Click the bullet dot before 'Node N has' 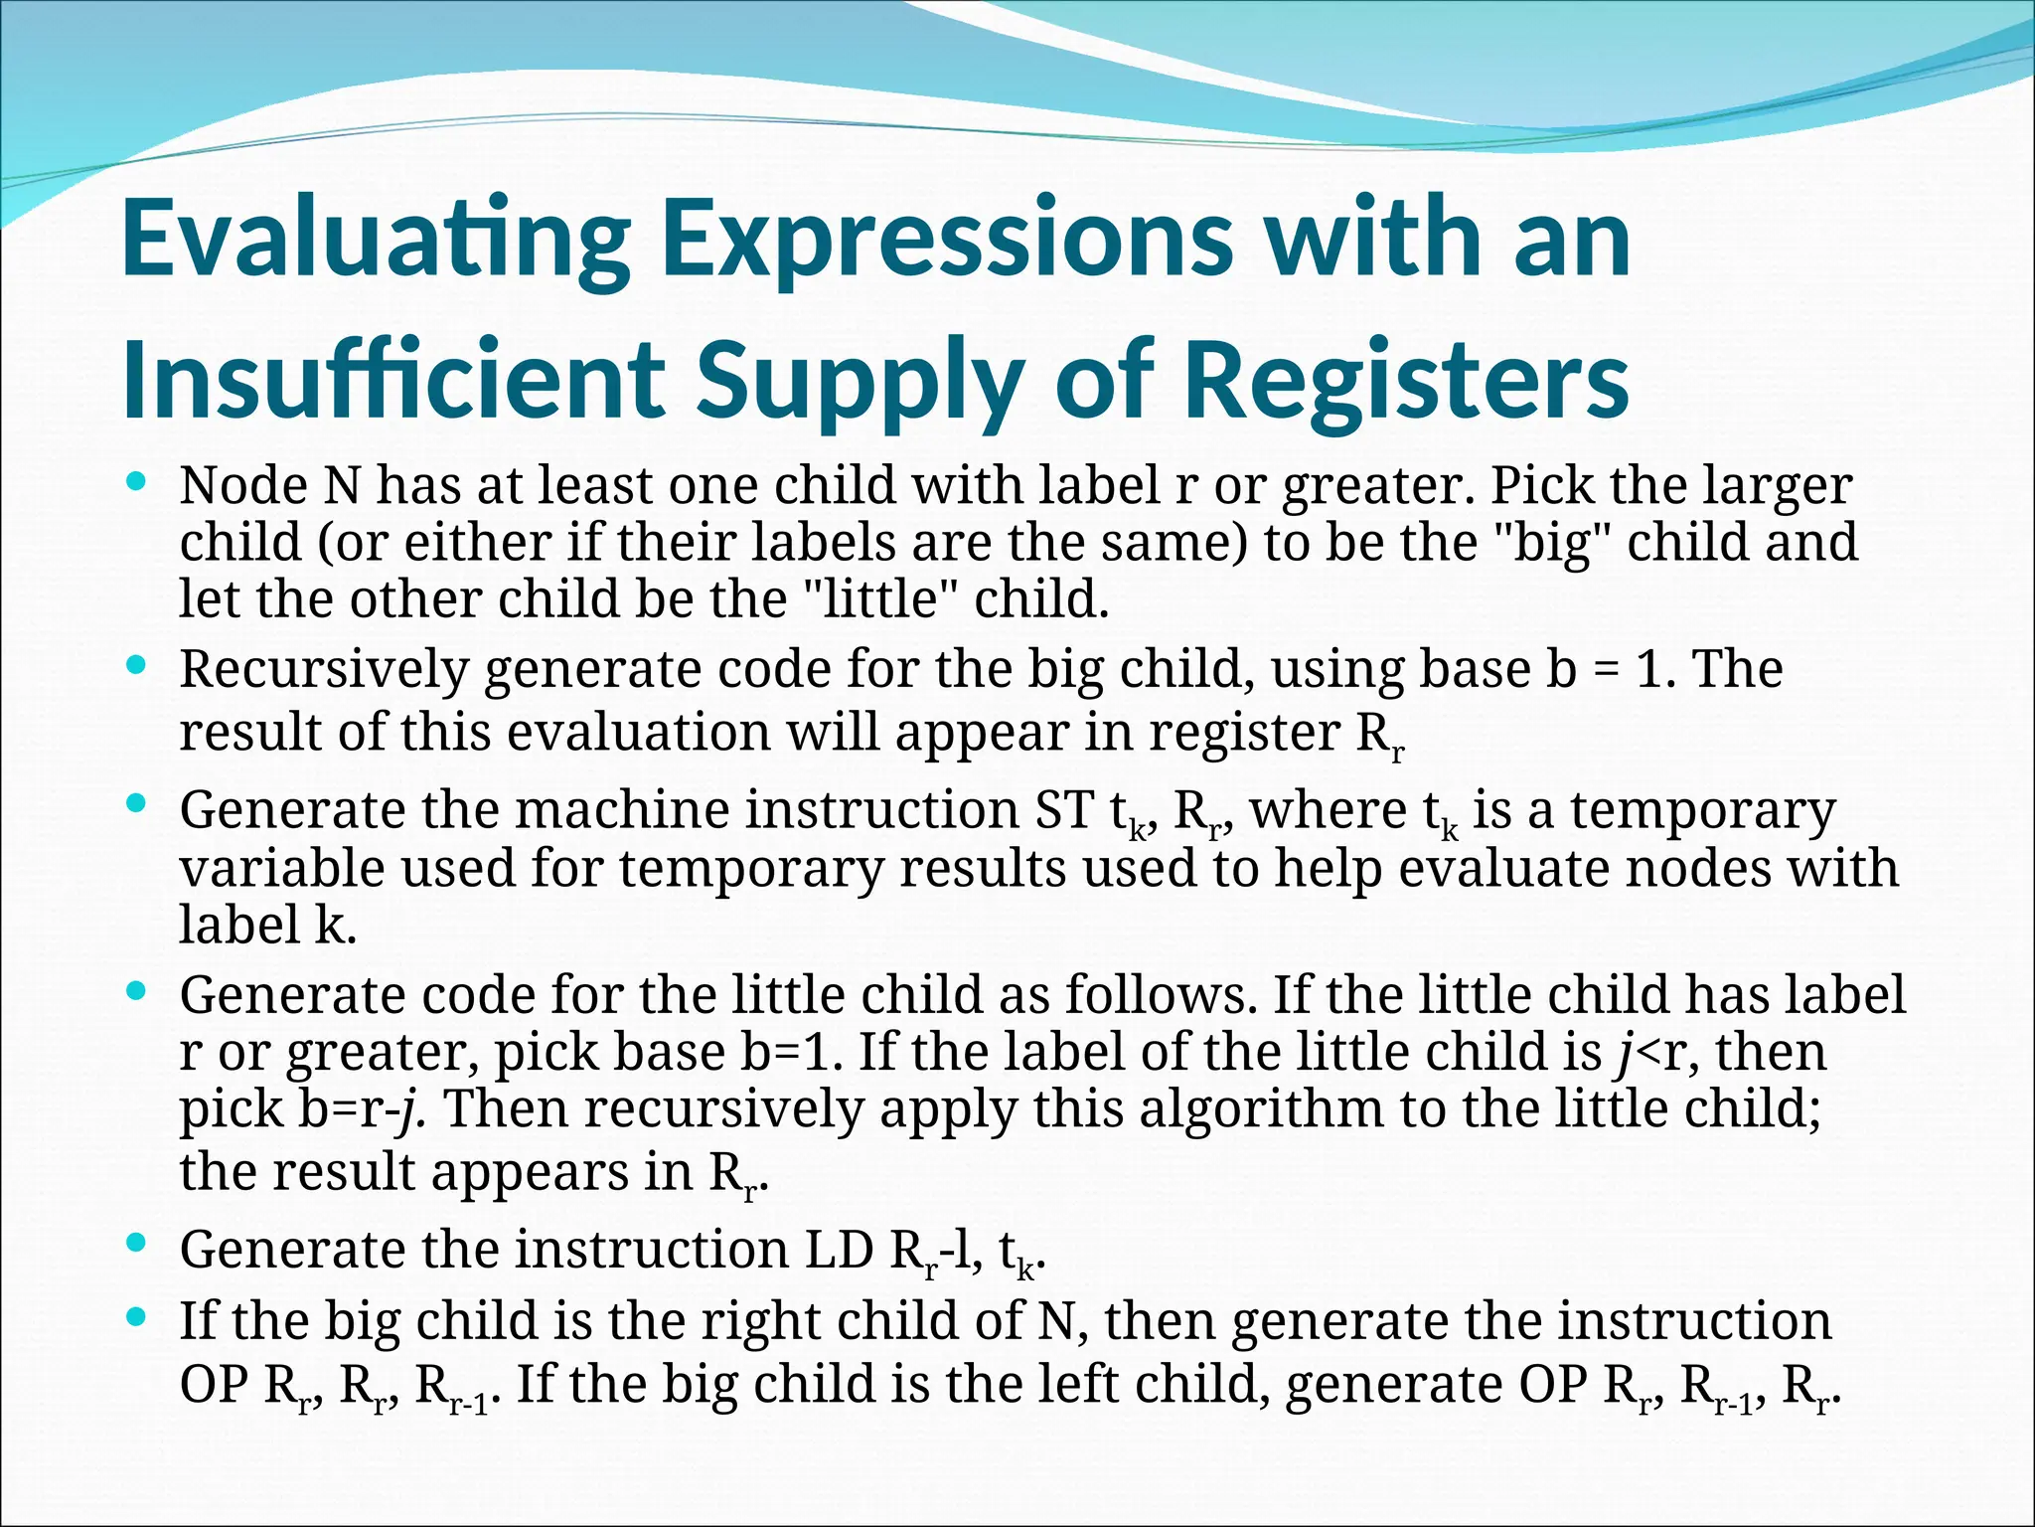(138, 482)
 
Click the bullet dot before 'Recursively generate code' (138, 664)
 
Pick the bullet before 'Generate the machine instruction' (138, 805)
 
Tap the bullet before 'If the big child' (138, 1317)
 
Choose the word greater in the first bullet (1370, 486)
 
